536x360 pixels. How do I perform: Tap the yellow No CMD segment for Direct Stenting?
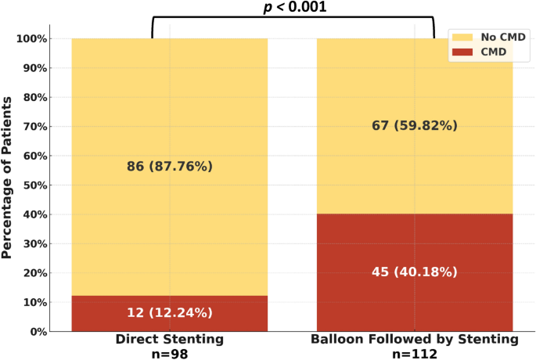pyautogui.click(x=169, y=117)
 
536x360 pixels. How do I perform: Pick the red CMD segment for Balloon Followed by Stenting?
pyautogui.click(x=415, y=243)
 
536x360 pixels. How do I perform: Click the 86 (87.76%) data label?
pyautogui.click(x=169, y=166)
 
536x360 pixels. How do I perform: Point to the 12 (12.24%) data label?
pyautogui.click(x=169, y=313)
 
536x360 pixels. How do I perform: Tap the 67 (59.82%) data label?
pyautogui.click(x=415, y=125)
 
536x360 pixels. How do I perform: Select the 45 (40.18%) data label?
pyautogui.click(x=415, y=272)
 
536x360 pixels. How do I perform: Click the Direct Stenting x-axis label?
pyautogui.click(x=169, y=340)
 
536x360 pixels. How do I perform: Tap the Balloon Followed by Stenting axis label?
pyautogui.click(x=415, y=340)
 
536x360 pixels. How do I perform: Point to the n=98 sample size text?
pyautogui.click(x=169, y=353)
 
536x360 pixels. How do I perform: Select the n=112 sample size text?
pyautogui.click(x=415, y=353)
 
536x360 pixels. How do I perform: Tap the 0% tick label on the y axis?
pyautogui.click(x=39, y=331)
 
